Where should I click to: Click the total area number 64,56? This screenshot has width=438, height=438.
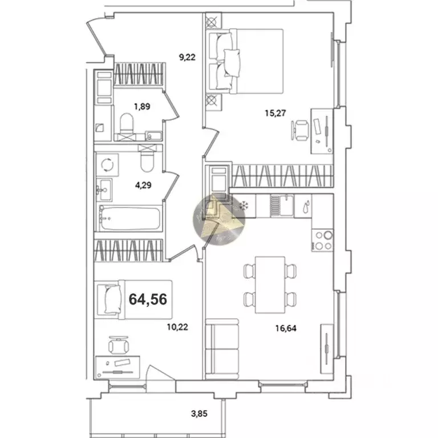pos(148,299)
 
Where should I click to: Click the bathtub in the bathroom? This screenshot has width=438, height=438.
pos(130,219)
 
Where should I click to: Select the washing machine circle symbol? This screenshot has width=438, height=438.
pos(107,164)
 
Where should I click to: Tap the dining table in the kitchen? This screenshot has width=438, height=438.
pos(269,284)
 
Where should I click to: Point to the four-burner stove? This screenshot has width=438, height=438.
pos(323,240)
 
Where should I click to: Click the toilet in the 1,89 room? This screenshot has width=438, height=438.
pos(127,123)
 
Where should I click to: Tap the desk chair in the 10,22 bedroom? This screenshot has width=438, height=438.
pos(119,344)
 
